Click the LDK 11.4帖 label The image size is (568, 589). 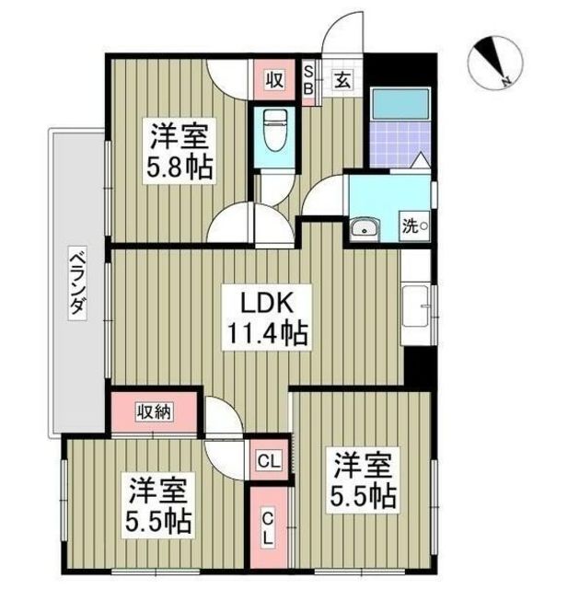pos(267,318)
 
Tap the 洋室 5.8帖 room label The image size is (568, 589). pos(180,151)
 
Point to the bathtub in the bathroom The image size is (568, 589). pos(400,105)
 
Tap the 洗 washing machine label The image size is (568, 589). pos(415,225)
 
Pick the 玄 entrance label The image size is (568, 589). pos(342,80)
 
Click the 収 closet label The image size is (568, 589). pos(275,80)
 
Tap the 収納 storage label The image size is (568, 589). pos(154,412)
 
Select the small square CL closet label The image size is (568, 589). pos(269,460)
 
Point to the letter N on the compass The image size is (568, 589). pos(507,80)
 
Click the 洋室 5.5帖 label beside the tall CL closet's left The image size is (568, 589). pos(158,505)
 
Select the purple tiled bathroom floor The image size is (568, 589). pos(400,145)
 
